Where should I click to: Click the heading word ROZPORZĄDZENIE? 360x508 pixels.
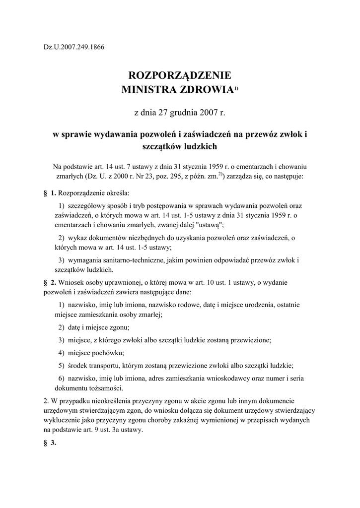180,76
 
